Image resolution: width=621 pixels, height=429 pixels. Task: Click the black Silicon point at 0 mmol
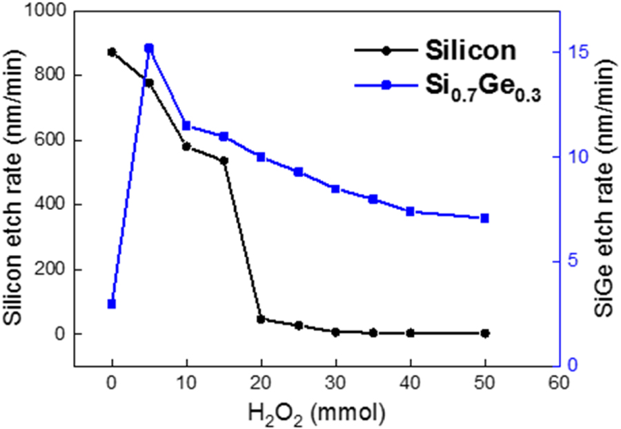point(112,52)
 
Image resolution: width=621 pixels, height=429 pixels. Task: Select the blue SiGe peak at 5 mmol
point(149,48)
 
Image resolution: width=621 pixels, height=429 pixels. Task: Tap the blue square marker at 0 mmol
point(112,304)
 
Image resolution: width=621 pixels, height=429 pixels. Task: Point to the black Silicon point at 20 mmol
point(261,319)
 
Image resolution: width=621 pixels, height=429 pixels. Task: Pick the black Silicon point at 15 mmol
point(224,160)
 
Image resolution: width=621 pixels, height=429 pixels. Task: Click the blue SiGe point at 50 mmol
point(484,218)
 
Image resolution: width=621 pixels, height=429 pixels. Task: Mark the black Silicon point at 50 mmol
point(484,333)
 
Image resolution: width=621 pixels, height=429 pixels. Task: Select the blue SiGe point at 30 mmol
point(335,189)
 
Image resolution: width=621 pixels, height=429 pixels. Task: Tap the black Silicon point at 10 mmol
point(186,146)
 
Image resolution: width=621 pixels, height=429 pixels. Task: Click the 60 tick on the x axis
point(559,382)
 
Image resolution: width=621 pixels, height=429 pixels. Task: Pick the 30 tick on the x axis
point(335,382)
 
